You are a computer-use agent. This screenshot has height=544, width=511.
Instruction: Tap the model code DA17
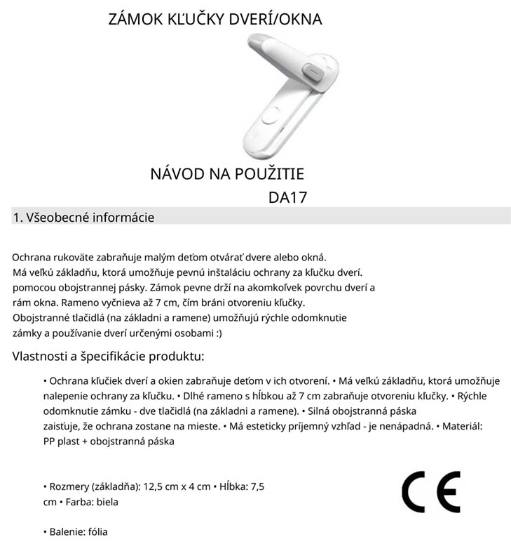click(287, 197)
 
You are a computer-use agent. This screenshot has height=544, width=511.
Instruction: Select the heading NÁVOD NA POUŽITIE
click(227, 173)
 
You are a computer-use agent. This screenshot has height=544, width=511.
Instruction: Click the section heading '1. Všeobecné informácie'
click(83, 218)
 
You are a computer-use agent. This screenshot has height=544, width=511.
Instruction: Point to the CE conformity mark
click(430, 492)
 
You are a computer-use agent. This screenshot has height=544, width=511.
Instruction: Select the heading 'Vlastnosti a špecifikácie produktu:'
click(108, 356)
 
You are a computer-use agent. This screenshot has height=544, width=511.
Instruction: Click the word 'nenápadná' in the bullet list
click(405, 426)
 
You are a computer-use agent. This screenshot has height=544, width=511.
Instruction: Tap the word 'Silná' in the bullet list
click(320, 411)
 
